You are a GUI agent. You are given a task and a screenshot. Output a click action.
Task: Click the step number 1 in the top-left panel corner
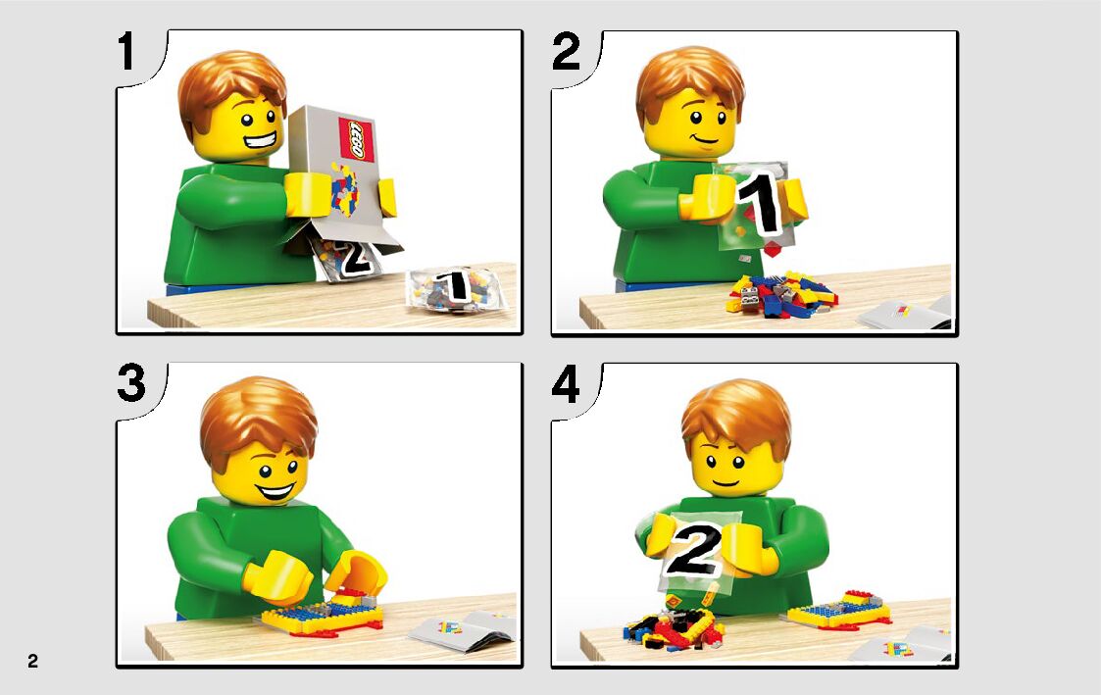pos(126,51)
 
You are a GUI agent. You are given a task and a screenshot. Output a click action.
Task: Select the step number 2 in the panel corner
pos(567,51)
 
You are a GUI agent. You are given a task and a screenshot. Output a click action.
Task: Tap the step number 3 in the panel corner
pos(131,383)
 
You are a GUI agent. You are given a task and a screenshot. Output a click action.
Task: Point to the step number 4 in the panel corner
pos(566,383)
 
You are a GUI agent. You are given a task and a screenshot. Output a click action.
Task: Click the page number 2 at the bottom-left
pos(33,661)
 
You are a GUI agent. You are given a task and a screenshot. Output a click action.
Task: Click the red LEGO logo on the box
pos(356,139)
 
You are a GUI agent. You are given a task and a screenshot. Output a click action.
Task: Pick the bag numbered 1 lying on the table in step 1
pos(457,288)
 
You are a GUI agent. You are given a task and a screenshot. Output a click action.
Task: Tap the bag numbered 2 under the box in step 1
pos(348,258)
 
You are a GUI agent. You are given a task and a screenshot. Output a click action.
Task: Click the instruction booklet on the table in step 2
pos(905,313)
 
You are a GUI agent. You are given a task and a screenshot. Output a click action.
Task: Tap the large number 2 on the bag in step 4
pos(695,550)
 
